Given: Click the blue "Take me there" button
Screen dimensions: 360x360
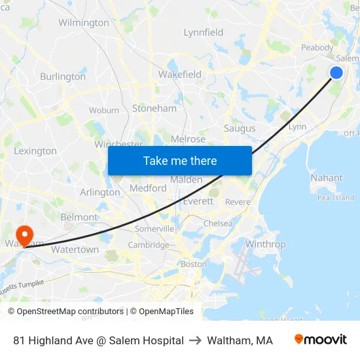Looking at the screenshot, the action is (x=180, y=160).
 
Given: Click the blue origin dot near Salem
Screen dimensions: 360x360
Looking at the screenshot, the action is (x=336, y=73).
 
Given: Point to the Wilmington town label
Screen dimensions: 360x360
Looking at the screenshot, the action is (x=84, y=23).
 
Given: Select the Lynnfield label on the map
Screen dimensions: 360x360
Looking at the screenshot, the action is (x=204, y=33).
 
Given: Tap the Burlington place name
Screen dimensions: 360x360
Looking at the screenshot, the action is (x=63, y=77).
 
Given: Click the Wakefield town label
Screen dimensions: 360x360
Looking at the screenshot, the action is (x=180, y=75).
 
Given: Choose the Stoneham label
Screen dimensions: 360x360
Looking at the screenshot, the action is (x=154, y=109).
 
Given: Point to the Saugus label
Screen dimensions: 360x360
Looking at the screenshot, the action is (x=240, y=128).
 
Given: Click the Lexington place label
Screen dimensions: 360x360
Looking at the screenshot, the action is (x=35, y=151).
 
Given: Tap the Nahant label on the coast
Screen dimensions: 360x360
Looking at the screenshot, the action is (x=327, y=177).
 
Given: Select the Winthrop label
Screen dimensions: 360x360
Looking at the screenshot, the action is (x=266, y=245).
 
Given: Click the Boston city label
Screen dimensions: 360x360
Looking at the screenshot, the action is (x=194, y=264).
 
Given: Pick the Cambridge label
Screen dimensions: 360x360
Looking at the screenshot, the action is (x=149, y=245).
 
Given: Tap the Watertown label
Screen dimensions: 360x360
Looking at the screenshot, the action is (x=75, y=249).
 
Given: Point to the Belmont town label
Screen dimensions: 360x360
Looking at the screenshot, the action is (x=79, y=217).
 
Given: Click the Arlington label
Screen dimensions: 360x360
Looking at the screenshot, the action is (x=99, y=192).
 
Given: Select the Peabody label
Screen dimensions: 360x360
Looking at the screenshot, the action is (x=317, y=48).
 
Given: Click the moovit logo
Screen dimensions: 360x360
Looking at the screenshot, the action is (x=321, y=340).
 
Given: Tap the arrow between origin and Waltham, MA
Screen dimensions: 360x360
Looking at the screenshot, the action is (x=195, y=340).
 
